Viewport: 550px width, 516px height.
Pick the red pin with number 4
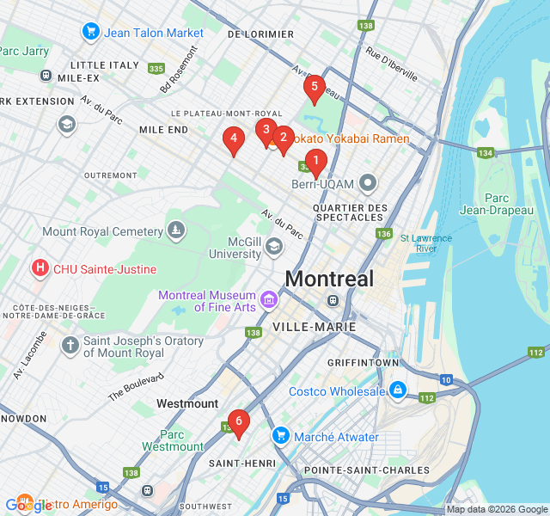point(233,139)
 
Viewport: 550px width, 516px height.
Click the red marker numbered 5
point(314,88)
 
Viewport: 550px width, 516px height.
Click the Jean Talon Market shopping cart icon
point(91,33)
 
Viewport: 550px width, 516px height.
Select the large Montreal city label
point(329,279)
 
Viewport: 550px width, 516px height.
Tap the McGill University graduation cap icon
point(273,248)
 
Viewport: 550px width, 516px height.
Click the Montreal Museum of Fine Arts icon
point(269,300)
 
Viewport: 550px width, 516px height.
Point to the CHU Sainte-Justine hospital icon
point(40,269)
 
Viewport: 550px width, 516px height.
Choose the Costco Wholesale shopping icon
point(397,391)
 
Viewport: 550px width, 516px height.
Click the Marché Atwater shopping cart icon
point(279,437)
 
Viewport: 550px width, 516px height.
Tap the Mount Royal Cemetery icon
point(176,231)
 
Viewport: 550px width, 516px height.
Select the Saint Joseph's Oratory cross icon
point(70,347)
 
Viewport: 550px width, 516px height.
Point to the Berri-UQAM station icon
point(369,182)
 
